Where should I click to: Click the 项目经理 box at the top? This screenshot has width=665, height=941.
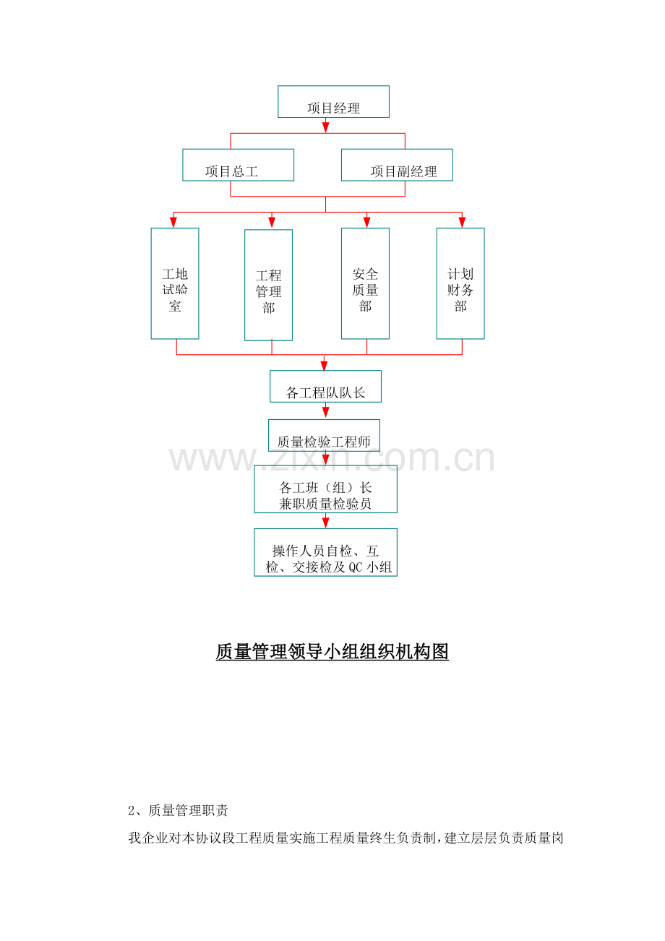(333, 102)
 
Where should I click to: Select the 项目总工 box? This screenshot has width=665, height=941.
(239, 165)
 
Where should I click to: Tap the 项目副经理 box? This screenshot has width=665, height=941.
(397, 165)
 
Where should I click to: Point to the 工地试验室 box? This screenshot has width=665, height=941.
(175, 283)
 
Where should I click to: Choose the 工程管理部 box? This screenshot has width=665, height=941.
(268, 285)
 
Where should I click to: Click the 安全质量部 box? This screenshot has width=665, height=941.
(365, 283)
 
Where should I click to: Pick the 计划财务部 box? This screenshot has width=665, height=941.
(460, 283)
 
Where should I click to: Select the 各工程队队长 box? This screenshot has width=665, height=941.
(325, 387)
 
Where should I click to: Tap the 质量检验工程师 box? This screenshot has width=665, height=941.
(324, 435)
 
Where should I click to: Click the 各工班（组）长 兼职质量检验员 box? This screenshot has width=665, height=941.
(325, 489)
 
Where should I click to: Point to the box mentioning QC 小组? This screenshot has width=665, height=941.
(325, 552)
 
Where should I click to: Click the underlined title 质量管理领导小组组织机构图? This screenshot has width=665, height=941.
(332, 652)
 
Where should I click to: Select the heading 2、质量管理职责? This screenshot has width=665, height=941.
(178, 810)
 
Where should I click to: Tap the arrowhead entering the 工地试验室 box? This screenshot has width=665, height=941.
(173, 222)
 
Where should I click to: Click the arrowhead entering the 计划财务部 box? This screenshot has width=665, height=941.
(462, 222)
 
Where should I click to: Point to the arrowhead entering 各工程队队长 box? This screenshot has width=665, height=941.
(324, 365)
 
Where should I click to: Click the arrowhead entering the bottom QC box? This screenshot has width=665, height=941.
(325, 523)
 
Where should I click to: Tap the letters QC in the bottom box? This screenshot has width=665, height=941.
(356, 567)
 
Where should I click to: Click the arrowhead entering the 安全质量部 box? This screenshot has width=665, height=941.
(366, 222)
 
